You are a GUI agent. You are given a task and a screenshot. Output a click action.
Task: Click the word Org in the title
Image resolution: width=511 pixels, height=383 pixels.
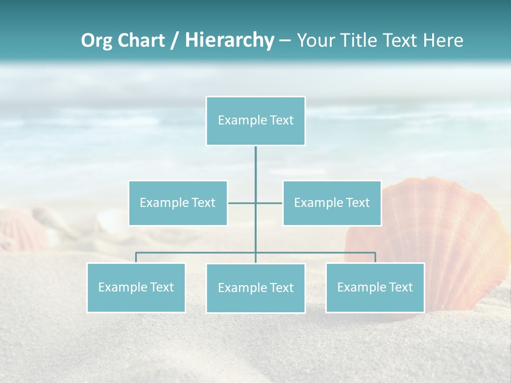[97, 40]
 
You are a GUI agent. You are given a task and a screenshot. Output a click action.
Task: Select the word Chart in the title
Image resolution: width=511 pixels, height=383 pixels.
[141, 40]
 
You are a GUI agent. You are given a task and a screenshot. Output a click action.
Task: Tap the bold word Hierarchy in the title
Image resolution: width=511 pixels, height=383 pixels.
[229, 40]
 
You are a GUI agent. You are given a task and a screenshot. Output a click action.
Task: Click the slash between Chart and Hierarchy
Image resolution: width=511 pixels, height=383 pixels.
[175, 41]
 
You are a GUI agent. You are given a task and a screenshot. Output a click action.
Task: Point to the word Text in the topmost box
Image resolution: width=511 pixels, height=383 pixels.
[282, 120]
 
